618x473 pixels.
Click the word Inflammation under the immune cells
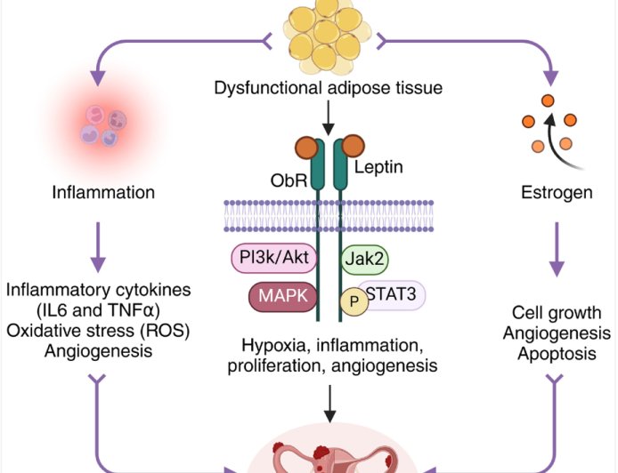click(x=103, y=192)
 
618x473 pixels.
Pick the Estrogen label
click(x=553, y=192)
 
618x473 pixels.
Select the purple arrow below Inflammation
click(x=99, y=246)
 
